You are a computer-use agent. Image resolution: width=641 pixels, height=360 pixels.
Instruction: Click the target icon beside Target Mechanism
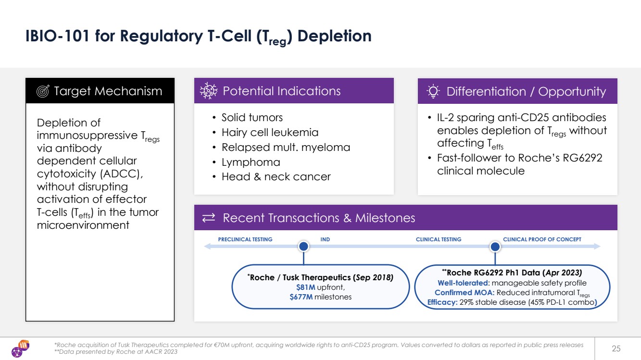click(43, 91)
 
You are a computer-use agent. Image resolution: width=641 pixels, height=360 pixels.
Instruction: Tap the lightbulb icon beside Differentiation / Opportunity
click(433, 91)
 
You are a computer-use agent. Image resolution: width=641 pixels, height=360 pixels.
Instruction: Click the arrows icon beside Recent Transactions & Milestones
click(209, 218)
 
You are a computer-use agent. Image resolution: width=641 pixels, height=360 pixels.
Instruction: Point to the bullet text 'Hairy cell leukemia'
click(270, 132)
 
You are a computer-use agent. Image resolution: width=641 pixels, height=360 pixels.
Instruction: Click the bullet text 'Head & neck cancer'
click(276, 176)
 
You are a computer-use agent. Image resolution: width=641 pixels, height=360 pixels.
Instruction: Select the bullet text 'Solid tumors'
click(252, 117)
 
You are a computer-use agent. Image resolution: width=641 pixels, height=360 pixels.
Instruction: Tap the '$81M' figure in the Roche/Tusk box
click(306, 287)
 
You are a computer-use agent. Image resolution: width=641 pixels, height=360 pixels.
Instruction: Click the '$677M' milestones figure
click(301, 297)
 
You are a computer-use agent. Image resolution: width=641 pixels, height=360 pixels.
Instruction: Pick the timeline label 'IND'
click(325, 239)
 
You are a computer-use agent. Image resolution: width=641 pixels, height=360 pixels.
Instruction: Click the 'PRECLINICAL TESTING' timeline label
click(245, 239)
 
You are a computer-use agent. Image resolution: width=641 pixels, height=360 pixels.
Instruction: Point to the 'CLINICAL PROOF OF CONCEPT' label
click(542, 239)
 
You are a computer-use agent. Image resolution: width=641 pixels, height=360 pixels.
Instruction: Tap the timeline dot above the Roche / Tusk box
click(303, 247)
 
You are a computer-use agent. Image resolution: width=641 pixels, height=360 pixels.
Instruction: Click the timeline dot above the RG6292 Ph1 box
click(495, 247)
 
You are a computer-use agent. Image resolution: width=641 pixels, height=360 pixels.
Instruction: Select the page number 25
click(616, 348)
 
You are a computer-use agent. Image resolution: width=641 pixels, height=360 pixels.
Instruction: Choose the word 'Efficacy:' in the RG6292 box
click(442, 302)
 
